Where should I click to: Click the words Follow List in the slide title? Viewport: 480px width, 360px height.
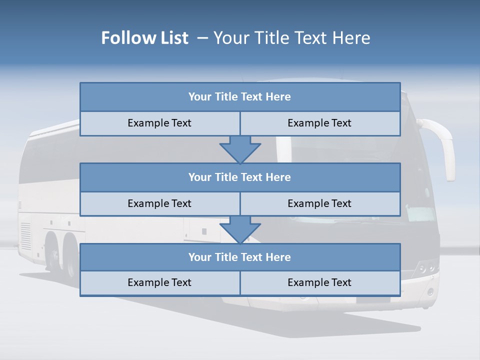[145, 38]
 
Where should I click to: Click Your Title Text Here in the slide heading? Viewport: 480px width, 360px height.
[292, 38]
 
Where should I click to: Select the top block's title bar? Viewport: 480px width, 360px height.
[240, 97]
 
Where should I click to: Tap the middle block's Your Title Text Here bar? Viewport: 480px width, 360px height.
[240, 177]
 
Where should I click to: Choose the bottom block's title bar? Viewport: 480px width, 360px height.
[240, 257]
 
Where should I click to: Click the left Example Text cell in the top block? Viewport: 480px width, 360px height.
[159, 123]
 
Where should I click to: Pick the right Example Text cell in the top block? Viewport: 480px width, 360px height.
[319, 123]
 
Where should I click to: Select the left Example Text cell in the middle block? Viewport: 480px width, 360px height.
[159, 203]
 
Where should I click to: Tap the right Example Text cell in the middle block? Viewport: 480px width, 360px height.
[319, 203]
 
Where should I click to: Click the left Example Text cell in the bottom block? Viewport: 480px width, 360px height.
[159, 282]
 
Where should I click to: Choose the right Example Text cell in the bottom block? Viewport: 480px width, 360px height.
[319, 282]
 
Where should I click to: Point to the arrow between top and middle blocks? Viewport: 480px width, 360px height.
[240, 149]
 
